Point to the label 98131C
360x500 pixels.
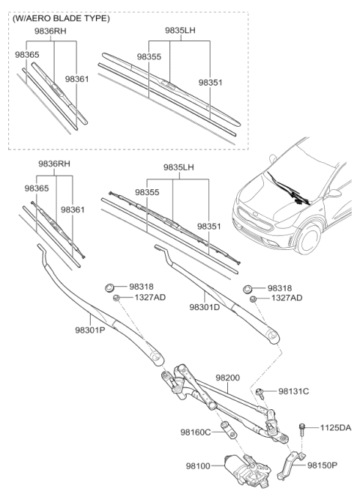294,391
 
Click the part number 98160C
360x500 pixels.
196,432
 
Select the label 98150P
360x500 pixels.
325,465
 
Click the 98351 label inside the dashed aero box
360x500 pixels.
211,83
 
